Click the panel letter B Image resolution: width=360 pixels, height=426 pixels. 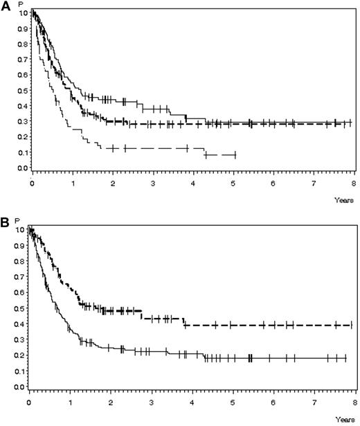(6, 224)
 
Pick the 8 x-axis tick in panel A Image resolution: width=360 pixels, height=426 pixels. (354, 184)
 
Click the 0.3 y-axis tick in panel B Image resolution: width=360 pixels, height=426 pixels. (23, 339)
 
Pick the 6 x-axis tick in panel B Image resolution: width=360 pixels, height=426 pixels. (274, 402)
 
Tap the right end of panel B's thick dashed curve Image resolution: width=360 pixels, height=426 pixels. (346, 325)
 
